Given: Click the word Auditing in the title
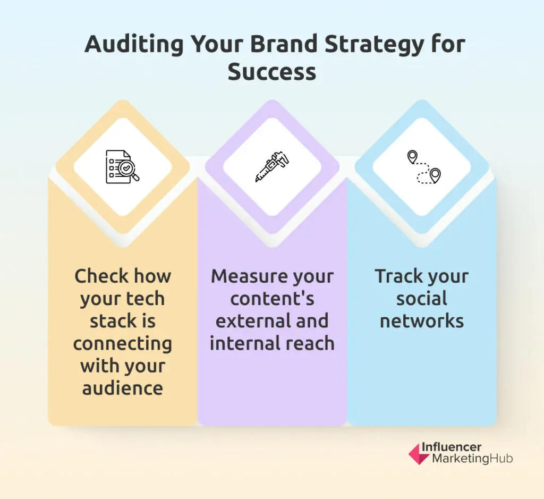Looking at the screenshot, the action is pos(134,45).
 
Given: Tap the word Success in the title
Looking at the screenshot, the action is pos(272,72).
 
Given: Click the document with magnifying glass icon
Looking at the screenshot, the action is pos(123,166).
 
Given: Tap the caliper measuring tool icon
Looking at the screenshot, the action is pos(272,166).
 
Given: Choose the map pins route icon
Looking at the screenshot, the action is pos(423,167).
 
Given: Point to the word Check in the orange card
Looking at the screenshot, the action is pos(102,276).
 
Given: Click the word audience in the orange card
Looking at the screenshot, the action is pos(123,388).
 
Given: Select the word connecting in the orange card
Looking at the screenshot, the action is pos(123,344).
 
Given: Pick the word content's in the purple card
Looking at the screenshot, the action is pos(272,299).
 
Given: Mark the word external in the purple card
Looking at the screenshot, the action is pos(249,321).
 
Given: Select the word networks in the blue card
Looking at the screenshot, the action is pos(422,321).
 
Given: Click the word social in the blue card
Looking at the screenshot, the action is pos(422,299).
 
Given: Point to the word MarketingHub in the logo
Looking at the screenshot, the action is pos(472,459).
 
